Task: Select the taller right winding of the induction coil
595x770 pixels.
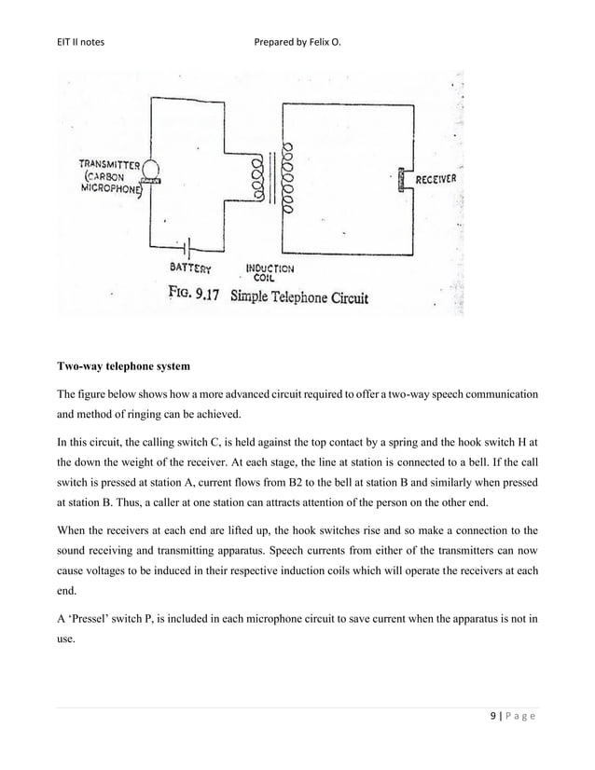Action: pyautogui.click(x=290, y=177)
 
